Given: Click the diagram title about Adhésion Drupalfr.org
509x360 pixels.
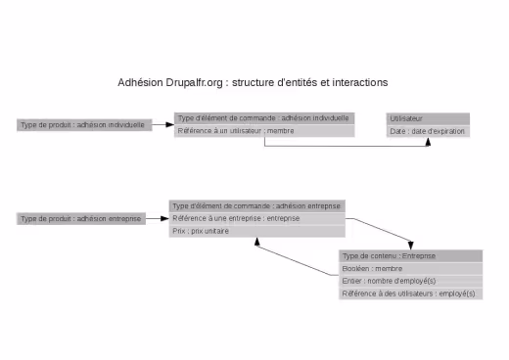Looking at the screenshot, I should [253, 82].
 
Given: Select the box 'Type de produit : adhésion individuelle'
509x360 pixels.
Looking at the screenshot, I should [83, 125].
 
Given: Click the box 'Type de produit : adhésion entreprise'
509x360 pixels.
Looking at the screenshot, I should [81, 219].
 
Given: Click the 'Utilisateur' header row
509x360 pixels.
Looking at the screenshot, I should [428, 118].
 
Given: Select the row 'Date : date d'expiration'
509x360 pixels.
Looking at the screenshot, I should [428, 130].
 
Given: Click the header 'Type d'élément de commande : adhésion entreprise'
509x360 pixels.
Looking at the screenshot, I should [257, 206].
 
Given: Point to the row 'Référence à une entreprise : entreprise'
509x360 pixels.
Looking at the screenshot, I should [257, 219].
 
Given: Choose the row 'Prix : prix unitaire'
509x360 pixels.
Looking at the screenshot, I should [257, 232].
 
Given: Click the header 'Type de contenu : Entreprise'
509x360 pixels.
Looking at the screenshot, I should [410, 255].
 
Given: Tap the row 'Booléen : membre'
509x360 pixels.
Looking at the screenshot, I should [410, 268].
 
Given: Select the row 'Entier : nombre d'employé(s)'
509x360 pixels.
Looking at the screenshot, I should [410, 281].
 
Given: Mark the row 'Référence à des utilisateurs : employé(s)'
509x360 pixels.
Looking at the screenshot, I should [410, 293].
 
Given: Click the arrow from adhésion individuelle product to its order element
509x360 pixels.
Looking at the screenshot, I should [163, 125].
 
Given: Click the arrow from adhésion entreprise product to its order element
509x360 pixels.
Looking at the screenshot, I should [159, 219].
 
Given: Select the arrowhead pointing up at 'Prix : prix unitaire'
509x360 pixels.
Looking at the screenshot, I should [257, 242].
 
